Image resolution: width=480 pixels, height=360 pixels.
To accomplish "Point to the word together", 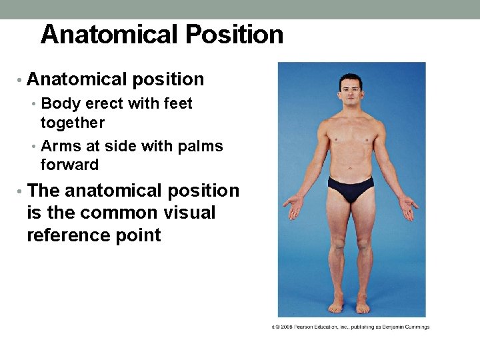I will [73, 123].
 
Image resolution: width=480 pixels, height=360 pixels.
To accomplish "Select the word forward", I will [69, 165].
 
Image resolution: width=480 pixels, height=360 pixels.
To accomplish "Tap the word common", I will [111, 213].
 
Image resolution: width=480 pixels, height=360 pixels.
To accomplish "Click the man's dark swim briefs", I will [351, 189].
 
